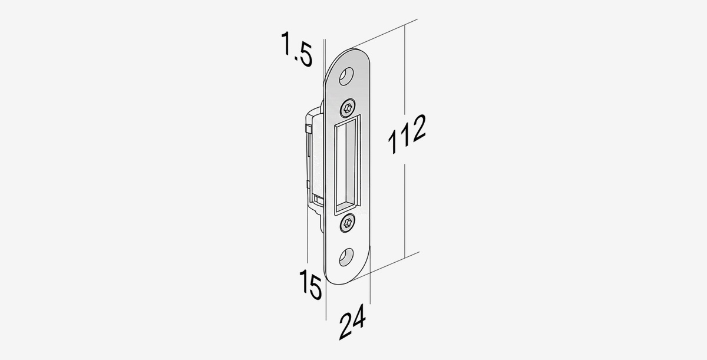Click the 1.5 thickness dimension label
pyautogui.click(x=297, y=49)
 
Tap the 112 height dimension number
pyautogui.click(x=407, y=134)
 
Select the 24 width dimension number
pyautogui.click(x=352, y=322)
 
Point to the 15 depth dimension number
pyautogui.click(x=310, y=284)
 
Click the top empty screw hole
pyautogui.click(x=346, y=76)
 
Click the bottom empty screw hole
pyautogui.click(x=346, y=257)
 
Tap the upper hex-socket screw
pyautogui.click(x=348, y=108)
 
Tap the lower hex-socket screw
pyautogui.click(x=348, y=223)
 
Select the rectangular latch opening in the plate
pyautogui.click(x=347, y=166)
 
